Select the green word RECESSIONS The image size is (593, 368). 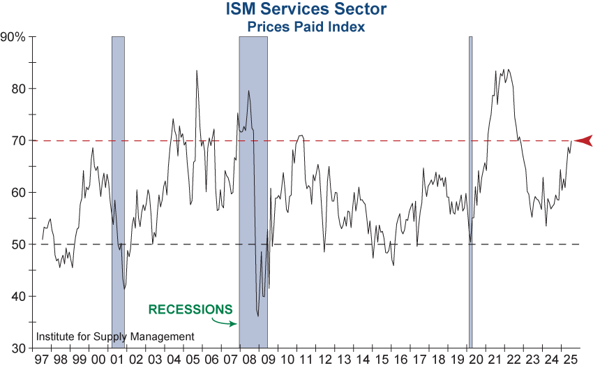click(190, 309)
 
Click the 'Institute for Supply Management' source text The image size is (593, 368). click(115, 337)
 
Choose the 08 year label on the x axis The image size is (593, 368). click(250, 360)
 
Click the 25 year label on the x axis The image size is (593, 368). click(571, 360)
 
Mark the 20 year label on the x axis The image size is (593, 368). click(476, 360)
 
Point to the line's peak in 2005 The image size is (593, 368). click(197, 71)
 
